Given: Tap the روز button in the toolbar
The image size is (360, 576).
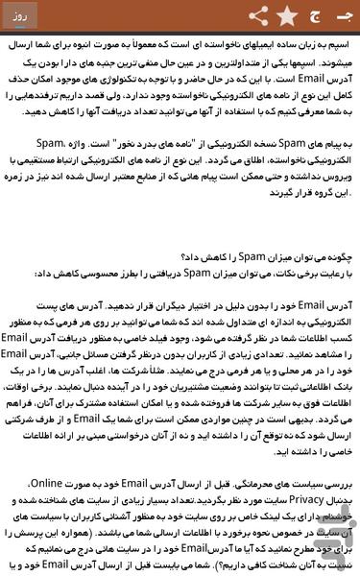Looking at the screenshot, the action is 22,17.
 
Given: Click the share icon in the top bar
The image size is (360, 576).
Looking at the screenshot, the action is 258,16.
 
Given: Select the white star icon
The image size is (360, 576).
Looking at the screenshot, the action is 286,16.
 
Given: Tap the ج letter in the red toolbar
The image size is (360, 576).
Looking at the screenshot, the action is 313,16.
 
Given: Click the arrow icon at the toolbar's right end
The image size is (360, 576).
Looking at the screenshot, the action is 343,16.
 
